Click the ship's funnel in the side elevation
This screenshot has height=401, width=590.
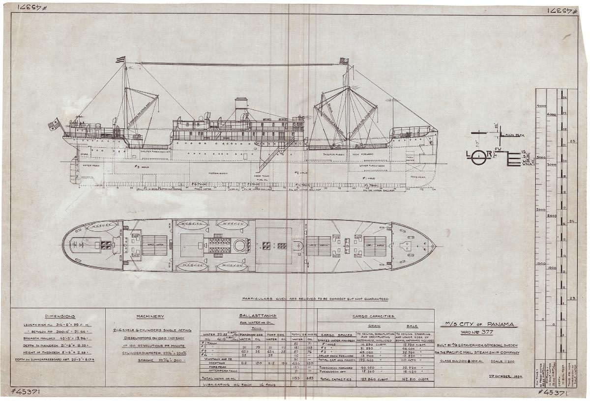(x=241, y=108)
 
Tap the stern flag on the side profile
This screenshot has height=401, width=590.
(x=53, y=125)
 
